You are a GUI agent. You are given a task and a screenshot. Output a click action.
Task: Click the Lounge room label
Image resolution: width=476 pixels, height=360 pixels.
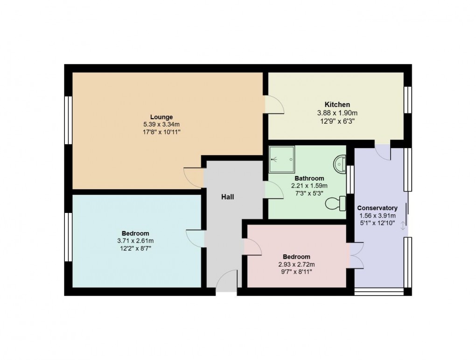click(161, 117)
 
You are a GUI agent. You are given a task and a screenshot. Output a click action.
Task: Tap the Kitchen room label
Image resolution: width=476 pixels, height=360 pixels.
click(337, 105)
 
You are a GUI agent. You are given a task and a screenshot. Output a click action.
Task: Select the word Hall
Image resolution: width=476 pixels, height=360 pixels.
click(227, 197)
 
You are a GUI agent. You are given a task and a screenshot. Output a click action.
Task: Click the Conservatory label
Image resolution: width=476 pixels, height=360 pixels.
click(377, 208)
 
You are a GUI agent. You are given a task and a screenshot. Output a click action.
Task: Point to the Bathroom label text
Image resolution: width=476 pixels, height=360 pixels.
click(309, 178)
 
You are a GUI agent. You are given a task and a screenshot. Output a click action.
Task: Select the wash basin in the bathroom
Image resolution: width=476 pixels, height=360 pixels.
click(340, 164)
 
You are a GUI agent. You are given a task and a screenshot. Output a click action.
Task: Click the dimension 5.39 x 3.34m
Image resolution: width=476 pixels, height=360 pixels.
click(161, 125)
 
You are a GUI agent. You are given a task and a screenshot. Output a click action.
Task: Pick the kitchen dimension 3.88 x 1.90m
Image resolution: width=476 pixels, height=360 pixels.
click(337, 113)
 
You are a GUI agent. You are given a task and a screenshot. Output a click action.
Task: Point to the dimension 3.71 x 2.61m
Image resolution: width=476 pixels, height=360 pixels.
click(135, 241)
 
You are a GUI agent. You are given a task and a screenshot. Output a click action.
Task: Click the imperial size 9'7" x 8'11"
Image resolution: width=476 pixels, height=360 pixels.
click(296, 272)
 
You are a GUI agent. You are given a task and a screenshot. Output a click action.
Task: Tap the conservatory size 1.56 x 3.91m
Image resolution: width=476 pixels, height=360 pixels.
click(377, 216)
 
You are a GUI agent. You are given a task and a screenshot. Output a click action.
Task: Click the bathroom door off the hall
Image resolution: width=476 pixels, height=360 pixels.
click(274, 190)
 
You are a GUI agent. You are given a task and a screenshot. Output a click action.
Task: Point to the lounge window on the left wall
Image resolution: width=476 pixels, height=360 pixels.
click(69, 120)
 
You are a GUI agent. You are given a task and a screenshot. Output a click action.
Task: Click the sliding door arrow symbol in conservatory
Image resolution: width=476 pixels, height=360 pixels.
click(403, 226)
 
